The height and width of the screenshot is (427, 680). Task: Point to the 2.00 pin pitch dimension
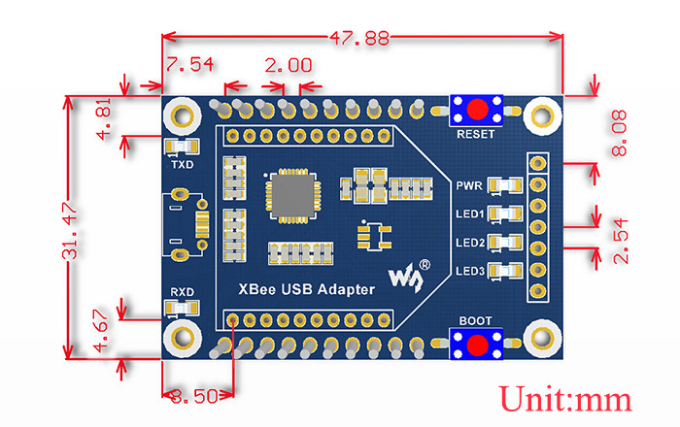pos(288,66)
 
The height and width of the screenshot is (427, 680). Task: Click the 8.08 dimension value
pos(619,133)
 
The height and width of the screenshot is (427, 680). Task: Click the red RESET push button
pos(477,109)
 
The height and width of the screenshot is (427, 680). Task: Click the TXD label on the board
pos(183,165)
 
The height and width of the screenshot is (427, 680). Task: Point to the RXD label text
pos(183,289)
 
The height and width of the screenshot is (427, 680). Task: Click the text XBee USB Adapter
pos(306,290)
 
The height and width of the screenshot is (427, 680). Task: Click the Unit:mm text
pos(565,399)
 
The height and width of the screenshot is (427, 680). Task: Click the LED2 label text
pos(469,242)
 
